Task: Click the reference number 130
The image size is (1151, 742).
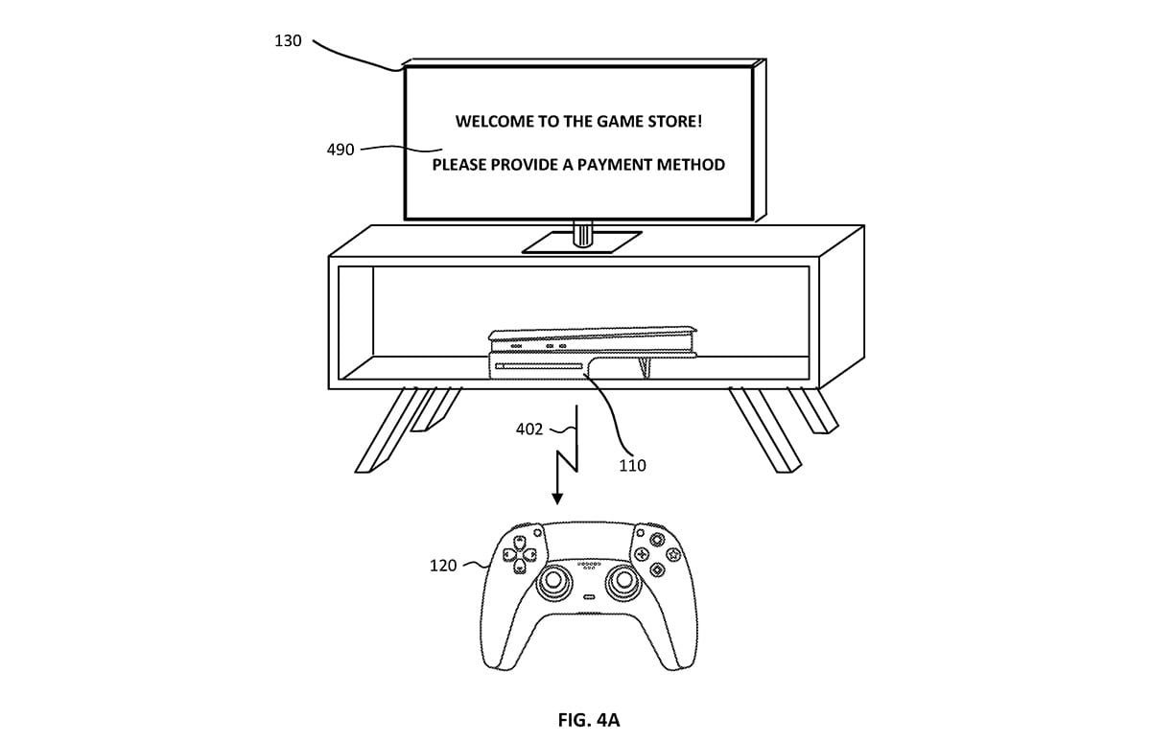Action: [288, 40]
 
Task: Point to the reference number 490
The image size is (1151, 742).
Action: [341, 150]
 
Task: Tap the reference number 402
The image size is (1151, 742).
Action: [529, 429]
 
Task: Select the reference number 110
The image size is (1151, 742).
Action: [632, 465]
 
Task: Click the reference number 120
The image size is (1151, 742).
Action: [443, 566]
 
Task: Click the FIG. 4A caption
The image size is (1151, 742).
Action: [589, 719]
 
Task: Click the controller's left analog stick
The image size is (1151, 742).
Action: [554, 581]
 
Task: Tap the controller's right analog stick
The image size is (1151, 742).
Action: [624, 581]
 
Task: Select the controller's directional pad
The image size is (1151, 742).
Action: [520, 554]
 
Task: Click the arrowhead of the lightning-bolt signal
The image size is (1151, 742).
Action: [557, 499]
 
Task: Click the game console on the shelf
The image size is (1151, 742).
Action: [592, 353]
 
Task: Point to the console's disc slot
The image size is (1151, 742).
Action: [538, 366]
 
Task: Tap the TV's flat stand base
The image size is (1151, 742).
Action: [582, 243]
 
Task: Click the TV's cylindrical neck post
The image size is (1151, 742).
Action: [583, 234]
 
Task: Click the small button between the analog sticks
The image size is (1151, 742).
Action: [589, 596]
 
